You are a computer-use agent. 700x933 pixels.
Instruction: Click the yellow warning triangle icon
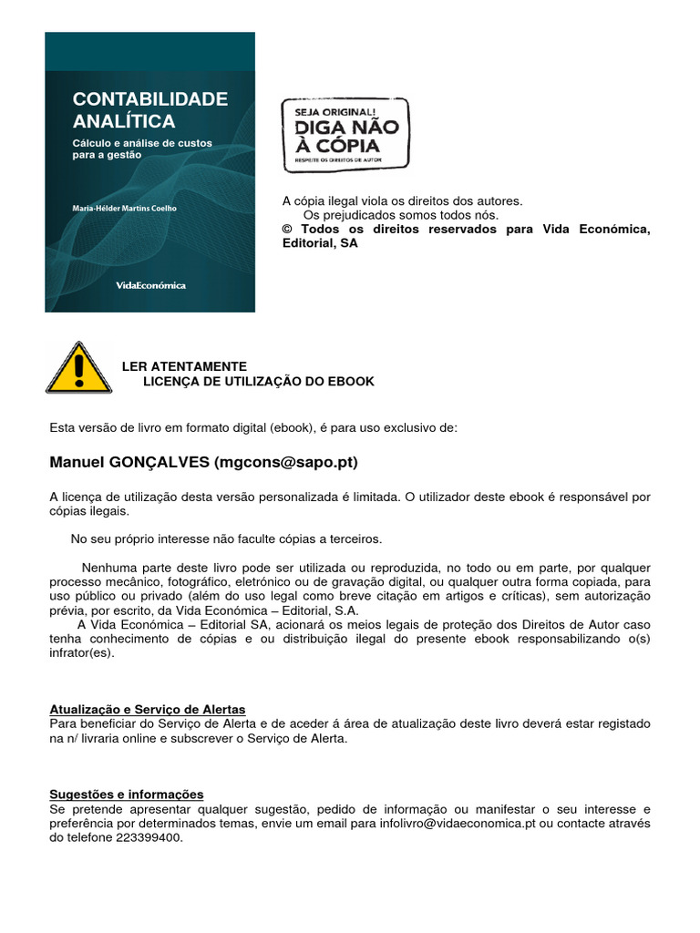click(x=79, y=368)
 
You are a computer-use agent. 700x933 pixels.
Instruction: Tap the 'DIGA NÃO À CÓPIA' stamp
click(x=345, y=135)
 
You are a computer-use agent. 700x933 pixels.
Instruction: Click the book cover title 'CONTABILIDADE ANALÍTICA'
click(x=150, y=109)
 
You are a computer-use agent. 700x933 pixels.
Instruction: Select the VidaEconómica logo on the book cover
click(x=150, y=285)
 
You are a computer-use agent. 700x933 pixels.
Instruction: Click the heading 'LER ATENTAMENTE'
click(x=184, y=366)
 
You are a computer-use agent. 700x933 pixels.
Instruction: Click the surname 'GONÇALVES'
click(x=160, y=463)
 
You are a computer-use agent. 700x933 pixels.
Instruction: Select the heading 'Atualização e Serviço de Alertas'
click(x=148, y=710)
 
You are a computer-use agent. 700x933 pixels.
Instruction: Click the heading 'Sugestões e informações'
click(x=127, y=795)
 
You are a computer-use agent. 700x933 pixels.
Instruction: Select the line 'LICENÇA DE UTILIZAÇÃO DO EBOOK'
click(x=259, y=381)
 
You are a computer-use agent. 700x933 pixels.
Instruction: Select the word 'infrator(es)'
click(x=82, y=653)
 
